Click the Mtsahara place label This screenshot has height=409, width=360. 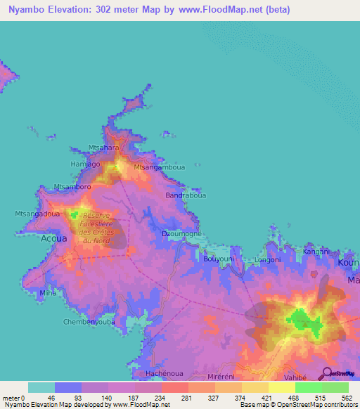coord(103,147)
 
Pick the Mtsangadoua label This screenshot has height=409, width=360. coord(37,213)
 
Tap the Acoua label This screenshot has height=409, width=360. coord(53,238)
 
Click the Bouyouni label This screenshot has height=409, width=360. coord(219,259)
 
